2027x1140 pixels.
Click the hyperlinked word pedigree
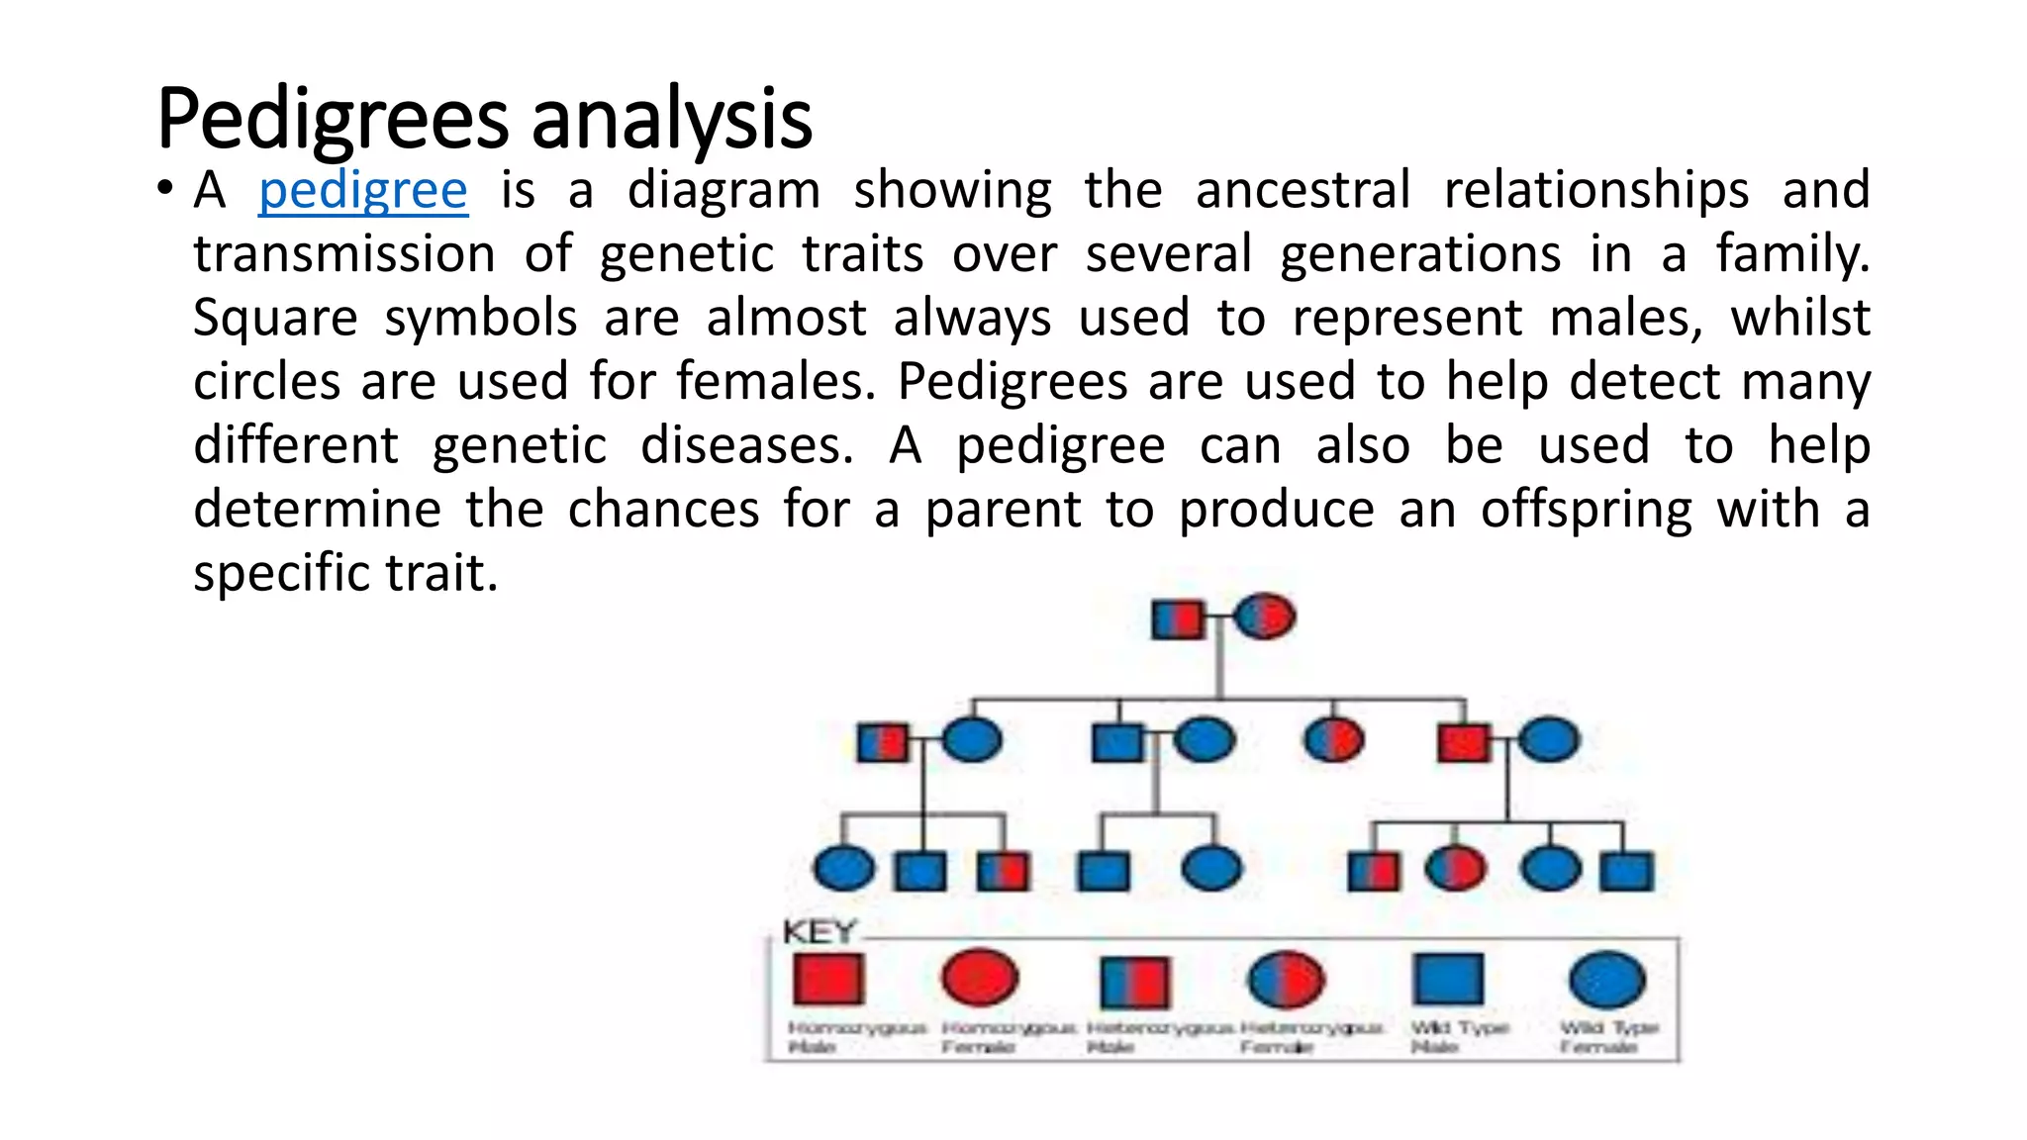click(362, 191)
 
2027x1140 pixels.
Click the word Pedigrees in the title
click(331, 120)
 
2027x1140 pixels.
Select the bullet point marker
click(165, 188)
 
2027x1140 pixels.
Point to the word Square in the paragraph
click(274, 319)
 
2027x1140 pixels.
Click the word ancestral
click(1303, 190)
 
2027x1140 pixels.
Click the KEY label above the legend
click(818, 932)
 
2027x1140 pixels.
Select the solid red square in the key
click(828, 979)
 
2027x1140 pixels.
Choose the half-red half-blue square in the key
click(1134, 981)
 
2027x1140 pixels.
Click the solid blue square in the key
click(1448, 979)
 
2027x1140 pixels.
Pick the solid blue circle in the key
click(1607, 980)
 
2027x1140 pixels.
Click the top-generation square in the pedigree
click(1178, 620)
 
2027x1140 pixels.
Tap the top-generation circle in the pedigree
click(1264, 617)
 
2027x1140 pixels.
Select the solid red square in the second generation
click(1463, 742)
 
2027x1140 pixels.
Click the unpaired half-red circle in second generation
click(1333, 740)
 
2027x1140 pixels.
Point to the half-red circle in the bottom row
click(1455, 870)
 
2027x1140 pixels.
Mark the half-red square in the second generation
click(882, 742)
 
